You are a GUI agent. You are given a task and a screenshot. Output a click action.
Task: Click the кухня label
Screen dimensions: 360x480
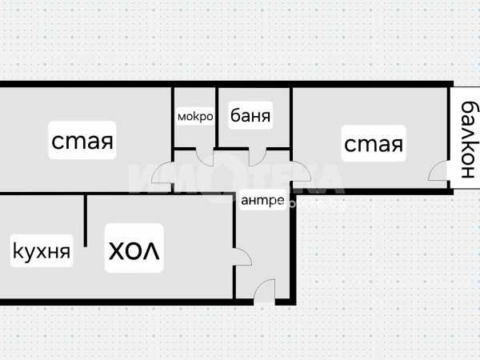point(42,252)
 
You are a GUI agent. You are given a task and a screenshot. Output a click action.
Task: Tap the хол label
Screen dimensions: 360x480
point(134,250)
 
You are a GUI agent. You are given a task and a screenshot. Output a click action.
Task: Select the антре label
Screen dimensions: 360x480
point(262,201)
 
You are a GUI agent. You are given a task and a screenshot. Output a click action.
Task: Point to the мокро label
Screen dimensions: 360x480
point(195,117)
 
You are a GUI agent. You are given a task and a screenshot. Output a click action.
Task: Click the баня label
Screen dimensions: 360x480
point(250,116)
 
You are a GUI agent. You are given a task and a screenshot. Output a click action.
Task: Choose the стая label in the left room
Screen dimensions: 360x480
point(82,141)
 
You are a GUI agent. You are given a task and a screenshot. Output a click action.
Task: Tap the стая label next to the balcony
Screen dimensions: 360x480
point(373,145)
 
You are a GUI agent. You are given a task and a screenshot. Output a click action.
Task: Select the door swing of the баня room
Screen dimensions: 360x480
point(258,157)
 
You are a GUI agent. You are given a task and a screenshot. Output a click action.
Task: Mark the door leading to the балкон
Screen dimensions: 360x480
point(438,172)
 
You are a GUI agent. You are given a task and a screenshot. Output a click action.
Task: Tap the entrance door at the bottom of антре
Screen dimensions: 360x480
point(265,291)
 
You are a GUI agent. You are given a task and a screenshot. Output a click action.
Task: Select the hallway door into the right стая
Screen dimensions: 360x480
point(301,173)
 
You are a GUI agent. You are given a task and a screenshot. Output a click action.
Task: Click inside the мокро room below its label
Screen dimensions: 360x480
point(194,136)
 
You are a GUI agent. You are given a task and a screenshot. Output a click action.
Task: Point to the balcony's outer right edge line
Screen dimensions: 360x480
point(478,138)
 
